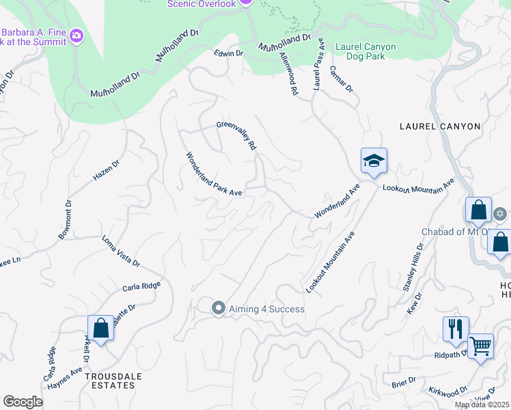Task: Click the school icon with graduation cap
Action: coord(374,162)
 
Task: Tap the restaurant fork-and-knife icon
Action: coord(455,329)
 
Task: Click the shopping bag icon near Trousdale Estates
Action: coord(101,328)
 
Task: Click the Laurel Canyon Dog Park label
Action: coord(376,52)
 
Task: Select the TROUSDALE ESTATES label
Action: coord(110,381)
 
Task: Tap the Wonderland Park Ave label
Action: coord(215,174)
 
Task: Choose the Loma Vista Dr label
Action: coord(120,251)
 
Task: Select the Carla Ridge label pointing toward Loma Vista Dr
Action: coord(141,286)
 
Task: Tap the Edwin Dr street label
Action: coord(228,53)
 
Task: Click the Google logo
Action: coord(23,402)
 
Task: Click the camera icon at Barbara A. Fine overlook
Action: coord(77,34)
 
